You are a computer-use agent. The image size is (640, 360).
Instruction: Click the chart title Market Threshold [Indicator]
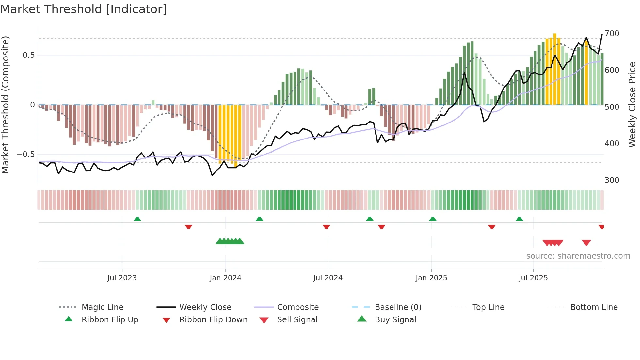click(x=84, y=9)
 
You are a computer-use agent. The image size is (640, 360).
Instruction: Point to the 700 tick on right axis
click(x=612, y=34)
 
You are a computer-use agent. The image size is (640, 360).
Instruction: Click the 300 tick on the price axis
click(x=612, y=180)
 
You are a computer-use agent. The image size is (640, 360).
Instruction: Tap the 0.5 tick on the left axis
click(x=29, y=55)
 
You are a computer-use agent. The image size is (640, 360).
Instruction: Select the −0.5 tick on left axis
click(x=26, y=155)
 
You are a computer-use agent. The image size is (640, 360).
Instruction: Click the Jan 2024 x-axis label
click(x=225, y=278)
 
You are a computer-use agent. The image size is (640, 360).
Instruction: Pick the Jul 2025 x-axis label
click(x=533, y=278)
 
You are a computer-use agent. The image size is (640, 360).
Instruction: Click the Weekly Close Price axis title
click(x=632, y=105)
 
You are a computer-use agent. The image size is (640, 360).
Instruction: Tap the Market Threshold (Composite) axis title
click(x=5, y=105)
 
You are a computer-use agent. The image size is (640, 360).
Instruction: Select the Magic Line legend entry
click(x=102, y=307)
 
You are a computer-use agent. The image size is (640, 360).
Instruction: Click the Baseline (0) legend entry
click(x=398, y=307)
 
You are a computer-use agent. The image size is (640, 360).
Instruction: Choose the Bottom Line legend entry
click(x=594, y=307)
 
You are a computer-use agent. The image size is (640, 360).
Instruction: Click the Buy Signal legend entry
click(x=395, y=320)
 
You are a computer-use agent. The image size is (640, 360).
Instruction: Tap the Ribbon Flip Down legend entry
click(x=213, y=320)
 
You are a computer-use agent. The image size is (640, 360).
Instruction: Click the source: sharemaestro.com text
click(x=578, y=256)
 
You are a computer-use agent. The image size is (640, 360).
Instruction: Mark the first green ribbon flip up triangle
click(x=137, y=219)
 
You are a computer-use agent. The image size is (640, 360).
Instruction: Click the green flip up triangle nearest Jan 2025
click(x=433, y=219)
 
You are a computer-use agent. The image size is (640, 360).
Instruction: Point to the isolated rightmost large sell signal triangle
click(x=586, y=243)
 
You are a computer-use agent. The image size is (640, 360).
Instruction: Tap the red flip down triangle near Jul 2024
click(x=326, y=227)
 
